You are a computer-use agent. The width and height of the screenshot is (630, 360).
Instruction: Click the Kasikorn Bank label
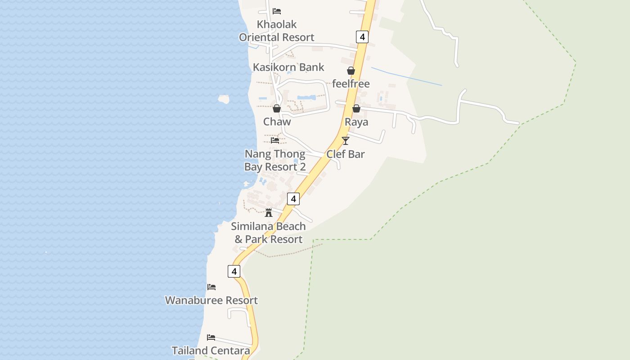pos(288,67)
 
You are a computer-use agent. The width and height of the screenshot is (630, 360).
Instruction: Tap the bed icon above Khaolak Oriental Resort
pos(277,11)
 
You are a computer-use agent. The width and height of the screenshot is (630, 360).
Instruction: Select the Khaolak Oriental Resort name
pos(277,31)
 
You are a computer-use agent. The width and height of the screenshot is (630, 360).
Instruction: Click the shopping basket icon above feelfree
pos(351,71)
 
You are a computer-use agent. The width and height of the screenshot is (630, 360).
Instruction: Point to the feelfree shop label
pos(351,84)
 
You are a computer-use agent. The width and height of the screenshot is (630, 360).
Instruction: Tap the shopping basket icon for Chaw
pos(277,108)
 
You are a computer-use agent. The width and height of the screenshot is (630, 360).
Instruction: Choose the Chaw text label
pos(277,121)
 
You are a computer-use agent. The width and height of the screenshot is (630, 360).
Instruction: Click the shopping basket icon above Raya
pos(356,108)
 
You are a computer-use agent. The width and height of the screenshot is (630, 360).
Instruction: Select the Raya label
pos(356,122)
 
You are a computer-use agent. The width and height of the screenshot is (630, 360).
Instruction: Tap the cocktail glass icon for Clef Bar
pos(345,141)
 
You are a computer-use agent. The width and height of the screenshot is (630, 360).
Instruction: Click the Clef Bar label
pos(346,154)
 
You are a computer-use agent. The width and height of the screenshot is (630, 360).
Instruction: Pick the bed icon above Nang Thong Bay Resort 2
pos(275,140)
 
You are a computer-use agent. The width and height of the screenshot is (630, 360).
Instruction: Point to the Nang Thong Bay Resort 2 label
pos(275,161)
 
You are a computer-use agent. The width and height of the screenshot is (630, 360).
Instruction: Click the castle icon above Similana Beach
pos(269,213)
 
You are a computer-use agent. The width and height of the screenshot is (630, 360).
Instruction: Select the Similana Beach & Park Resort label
pos(269,233)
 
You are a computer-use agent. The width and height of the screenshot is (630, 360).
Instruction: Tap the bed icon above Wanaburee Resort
pos(211,287)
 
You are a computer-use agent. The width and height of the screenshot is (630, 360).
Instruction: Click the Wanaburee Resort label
pos(211,300)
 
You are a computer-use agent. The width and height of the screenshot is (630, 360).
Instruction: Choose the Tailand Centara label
pos(211,351)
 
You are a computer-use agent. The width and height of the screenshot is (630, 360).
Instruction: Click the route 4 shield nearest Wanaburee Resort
pos(234,271)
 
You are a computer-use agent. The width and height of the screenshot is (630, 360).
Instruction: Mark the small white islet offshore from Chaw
pos(224,99)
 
